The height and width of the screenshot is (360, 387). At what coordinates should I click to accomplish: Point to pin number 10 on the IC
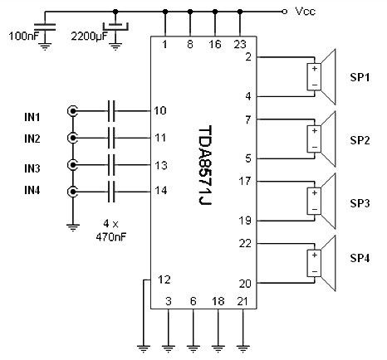click(160, 110)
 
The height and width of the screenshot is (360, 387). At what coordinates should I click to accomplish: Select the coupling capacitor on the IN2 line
click(115, 137)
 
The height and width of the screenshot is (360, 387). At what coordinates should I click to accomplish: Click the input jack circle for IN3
click(73, 164)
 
